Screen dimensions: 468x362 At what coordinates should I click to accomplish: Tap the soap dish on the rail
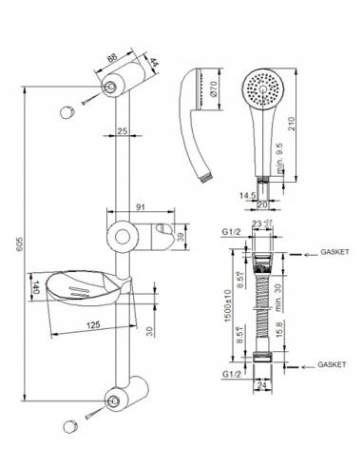point(86,286)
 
